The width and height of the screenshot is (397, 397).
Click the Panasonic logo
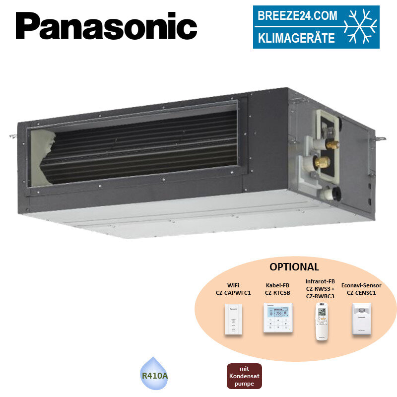[106, 26]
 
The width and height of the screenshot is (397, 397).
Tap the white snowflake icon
[361, 27]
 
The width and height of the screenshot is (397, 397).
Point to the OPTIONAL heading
[294, 266]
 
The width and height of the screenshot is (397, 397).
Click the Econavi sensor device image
[361, 319]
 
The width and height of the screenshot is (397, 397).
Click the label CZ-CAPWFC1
[233, 293]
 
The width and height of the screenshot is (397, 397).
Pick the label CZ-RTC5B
[277, 293]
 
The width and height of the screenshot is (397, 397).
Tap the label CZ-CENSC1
[361, 293]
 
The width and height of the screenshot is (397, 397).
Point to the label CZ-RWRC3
[320, 296]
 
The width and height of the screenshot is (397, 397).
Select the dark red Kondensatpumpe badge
[244, 376]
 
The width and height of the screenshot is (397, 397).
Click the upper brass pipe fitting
[333, 144]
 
